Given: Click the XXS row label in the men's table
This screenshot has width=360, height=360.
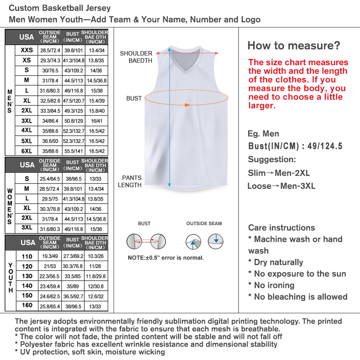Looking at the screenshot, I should [27, 50].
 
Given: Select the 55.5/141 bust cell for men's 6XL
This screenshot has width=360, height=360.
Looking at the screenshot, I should [74, 151].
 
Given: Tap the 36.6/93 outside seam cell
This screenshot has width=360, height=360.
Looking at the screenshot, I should [50, 141].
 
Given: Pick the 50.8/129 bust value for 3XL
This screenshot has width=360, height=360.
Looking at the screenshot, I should [74, 121].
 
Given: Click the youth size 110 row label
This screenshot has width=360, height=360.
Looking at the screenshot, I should [27, 256].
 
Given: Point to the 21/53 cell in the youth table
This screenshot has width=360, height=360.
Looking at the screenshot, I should [50, 266].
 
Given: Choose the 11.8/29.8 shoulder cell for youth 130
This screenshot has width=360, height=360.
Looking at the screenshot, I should [96, 276].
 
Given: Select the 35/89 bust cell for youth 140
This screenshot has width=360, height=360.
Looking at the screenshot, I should [74, 286].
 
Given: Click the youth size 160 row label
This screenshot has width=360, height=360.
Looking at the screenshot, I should [27, 305].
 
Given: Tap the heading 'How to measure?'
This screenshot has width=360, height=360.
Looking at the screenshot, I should [293, 46].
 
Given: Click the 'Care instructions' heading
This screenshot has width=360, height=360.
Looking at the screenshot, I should [282, 228].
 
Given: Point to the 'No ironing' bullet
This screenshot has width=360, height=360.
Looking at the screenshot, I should [272, 285].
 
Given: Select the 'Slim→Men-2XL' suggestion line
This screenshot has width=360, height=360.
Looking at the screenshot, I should [279, 173].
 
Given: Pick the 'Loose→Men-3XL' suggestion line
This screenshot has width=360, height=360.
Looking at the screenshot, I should [281, 186].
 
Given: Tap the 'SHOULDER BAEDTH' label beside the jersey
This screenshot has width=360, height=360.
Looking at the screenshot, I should [136, 57].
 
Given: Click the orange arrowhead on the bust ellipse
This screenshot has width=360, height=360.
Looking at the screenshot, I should [187, 105].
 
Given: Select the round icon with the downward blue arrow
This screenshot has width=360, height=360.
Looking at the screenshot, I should [215, 241].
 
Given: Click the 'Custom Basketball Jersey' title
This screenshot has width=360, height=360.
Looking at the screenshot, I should [60, 8].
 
